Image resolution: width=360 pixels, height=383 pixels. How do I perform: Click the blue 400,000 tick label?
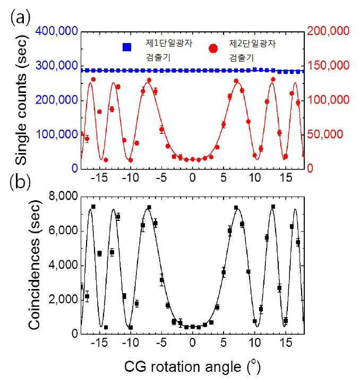(56, 31)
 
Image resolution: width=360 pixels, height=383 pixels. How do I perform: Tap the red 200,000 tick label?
(328, 31)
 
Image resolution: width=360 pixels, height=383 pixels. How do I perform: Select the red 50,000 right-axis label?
(325, 134)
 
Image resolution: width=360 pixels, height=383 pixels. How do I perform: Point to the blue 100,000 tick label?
(56, 134)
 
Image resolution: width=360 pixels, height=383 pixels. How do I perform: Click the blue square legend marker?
(127, 47)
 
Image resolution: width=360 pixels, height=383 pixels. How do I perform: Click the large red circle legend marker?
(213, 48)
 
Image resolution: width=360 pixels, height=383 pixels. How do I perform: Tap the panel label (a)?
(21, 18)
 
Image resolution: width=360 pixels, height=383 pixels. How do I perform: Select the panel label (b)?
(21, 182)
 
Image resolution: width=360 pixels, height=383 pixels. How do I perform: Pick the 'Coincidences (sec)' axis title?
(34, 265)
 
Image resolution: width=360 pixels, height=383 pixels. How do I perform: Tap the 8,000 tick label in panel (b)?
(63, 196)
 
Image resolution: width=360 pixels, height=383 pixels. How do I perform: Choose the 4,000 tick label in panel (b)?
(63, 265)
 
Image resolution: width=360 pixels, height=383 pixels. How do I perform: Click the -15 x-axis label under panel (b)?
(99, 343)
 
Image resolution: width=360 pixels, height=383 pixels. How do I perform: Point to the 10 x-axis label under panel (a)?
(255, 177)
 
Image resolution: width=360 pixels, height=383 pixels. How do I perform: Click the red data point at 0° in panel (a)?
(192, 159)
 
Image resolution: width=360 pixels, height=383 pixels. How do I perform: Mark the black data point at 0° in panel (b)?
(192, 327)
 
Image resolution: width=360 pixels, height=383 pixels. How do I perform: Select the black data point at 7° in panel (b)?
(236, 208)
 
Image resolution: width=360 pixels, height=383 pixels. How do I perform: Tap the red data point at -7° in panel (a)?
(149, 80)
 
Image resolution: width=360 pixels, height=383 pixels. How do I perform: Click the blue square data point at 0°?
(192, 71)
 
